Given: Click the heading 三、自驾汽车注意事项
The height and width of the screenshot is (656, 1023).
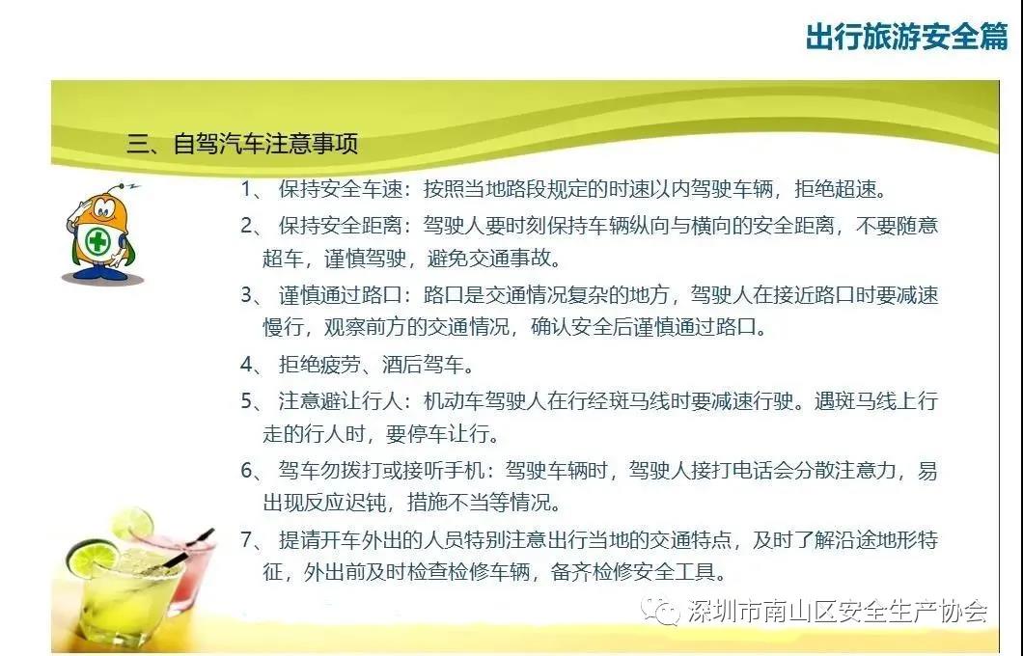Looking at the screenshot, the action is coord(242,144).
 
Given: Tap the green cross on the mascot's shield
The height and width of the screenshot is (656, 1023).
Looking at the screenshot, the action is coord(97,242).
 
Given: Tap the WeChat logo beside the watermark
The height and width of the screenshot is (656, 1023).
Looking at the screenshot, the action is coord(660,611).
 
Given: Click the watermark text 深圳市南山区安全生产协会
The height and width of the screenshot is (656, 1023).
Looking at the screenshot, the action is coord(838,611).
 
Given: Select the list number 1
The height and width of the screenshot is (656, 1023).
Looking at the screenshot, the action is coord(247,189).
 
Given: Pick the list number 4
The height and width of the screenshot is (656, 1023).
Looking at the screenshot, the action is coord(247,364).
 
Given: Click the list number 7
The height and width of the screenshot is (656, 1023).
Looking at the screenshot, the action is coord(247,539).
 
